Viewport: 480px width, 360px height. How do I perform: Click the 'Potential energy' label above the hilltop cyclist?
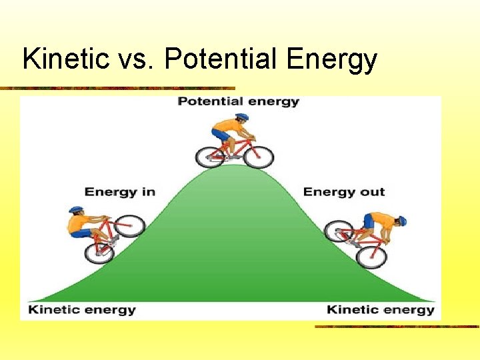238,102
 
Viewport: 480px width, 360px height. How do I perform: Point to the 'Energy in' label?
120,192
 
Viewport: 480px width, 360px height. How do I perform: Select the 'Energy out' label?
344,192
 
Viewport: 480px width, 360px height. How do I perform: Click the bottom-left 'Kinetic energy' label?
81,310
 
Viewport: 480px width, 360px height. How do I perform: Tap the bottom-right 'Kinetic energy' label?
381,310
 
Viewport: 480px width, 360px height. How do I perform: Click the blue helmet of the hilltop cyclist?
242,117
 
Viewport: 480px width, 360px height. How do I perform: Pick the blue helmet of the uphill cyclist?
76,210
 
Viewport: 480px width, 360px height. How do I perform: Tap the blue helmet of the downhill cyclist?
402,221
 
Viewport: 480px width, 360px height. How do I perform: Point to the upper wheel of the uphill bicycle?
132,225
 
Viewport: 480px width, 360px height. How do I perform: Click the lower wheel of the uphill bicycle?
99,251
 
